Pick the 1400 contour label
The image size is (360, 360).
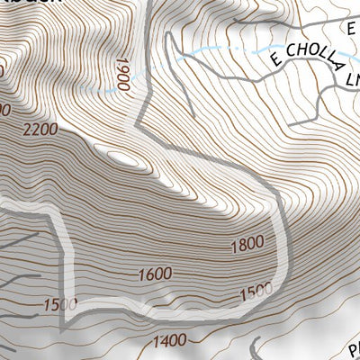(x=169, y=339)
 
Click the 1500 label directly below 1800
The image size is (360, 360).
(x=256, y=292)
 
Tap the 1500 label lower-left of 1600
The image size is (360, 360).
(x=59, y=304)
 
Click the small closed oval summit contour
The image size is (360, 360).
(x=126, y=159)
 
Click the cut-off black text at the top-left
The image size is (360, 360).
(x=36, y=3)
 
